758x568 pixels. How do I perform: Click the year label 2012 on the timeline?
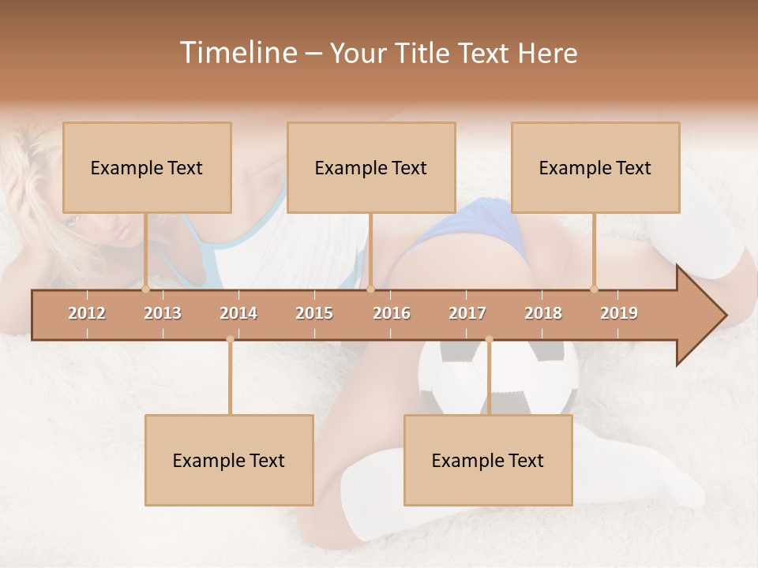(87, 313)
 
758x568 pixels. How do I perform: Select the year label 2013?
(163, 313)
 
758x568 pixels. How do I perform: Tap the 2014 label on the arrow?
(238, 313)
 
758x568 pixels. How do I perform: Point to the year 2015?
(314, 313)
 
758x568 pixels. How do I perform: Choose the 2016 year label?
(392, 313)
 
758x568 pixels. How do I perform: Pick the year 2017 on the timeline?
(467, 313)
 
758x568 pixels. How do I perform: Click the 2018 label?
(543, 313)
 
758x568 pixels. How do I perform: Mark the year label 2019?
(619, 313)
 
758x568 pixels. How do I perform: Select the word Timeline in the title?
(238, 53)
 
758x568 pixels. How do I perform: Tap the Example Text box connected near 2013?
(147, 167)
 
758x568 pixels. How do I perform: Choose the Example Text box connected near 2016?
(371, 167)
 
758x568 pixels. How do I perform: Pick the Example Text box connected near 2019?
(595, 167)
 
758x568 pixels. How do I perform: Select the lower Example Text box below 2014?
(229, 460)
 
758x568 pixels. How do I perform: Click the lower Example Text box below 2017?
(488, 460)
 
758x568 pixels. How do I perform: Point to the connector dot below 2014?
(230, 339)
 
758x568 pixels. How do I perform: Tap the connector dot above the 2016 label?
(370, 289)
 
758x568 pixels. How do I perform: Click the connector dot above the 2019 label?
(594, 289)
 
